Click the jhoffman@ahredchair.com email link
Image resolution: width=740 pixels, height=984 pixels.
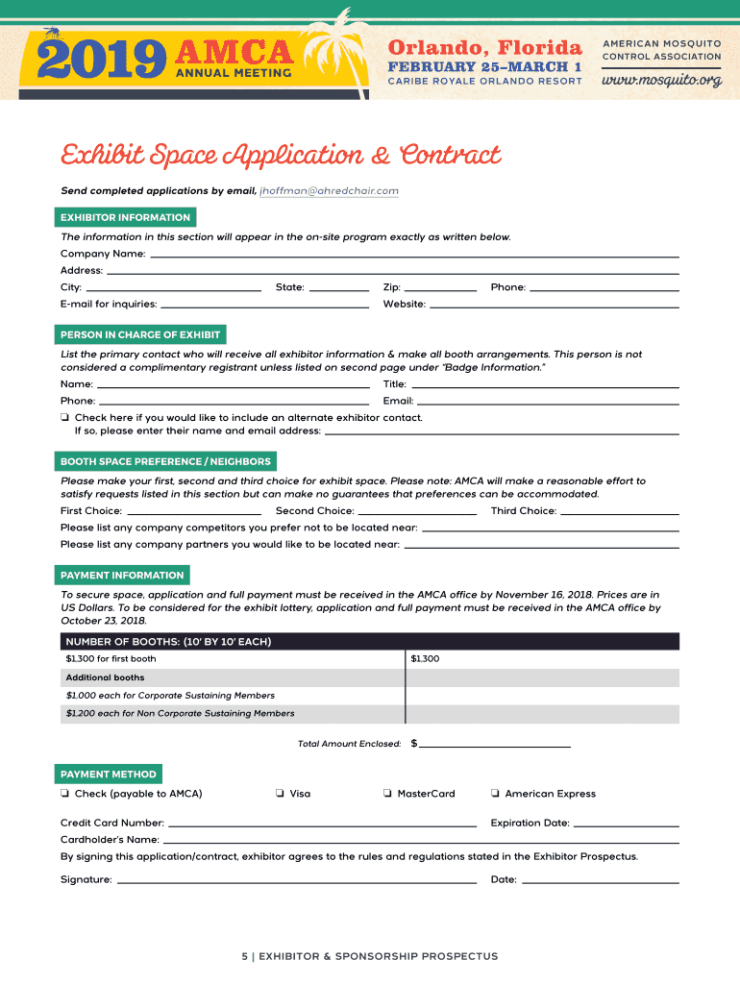tap(329, 191)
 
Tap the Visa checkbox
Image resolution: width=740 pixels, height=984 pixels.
tap(279, 794)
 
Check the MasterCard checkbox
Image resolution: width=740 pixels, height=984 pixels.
tap(386, 794)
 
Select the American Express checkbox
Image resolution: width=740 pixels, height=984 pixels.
tap(494, 794)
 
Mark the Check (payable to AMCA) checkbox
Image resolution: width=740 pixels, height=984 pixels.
tap(64, 794)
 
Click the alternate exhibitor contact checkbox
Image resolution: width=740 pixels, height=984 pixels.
tap(64, 418)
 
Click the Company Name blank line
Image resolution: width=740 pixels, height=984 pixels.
tap(414, 256)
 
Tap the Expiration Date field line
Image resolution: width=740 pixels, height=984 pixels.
tap(626, 824)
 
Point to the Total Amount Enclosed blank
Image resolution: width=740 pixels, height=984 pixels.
tap(494, 745)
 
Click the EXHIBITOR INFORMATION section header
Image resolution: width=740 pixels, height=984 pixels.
tap(125, 218)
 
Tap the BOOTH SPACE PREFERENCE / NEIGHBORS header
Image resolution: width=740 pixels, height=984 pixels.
tap(165, 462)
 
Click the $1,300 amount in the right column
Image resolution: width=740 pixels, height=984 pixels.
tap(425, 659)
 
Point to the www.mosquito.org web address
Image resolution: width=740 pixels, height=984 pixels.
tap(661, 80)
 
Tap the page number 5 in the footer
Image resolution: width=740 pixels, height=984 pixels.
tap(245, 957)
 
